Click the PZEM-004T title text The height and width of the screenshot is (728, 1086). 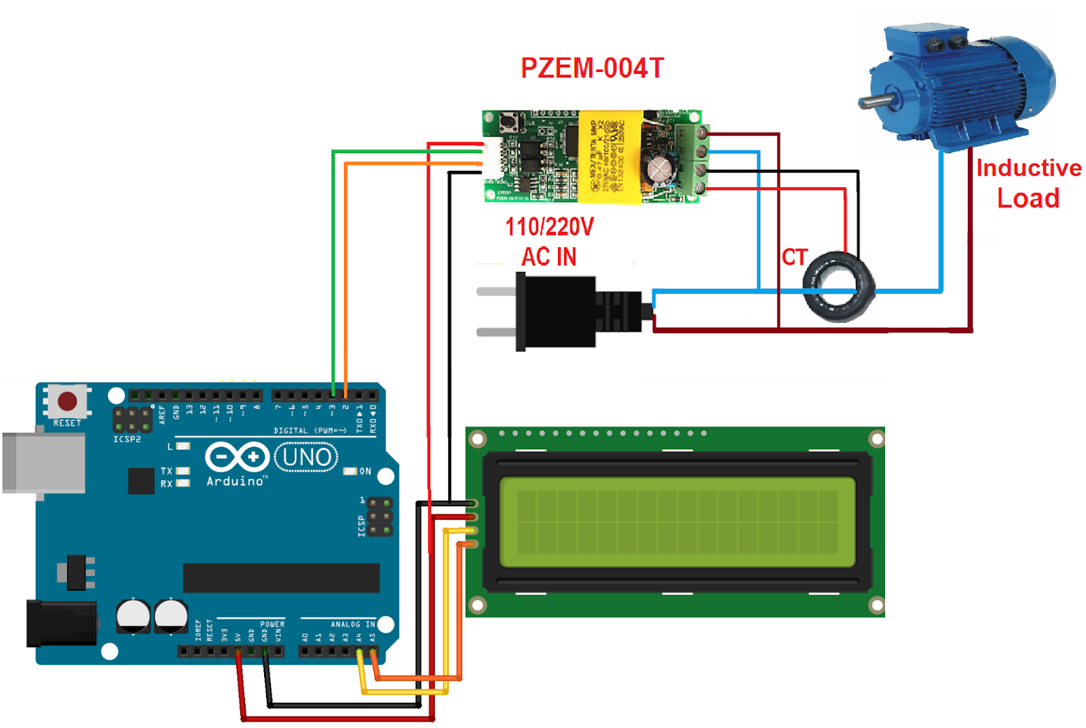[x=592, y=68]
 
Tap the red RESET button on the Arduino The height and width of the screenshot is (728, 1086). [x=67, y=401]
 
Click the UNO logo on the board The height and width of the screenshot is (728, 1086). [x=306, y=457]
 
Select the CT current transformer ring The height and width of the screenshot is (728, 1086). [x=838, y=286]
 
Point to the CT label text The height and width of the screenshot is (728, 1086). [x=794, y=257]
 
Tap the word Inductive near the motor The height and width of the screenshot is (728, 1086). [x=1028, y=168]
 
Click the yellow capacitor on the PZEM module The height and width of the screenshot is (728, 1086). [x=609, y=157]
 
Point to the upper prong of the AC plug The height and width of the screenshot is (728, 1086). [x=496, y=292]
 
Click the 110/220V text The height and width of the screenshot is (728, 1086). [x=549, y=227]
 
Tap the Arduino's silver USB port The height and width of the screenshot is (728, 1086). [x=43, y=463]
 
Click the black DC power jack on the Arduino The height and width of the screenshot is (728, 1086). [x=61, y=623]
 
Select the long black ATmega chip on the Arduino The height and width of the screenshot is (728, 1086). [x=281, y=577]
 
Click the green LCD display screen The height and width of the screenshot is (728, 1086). [x=677, y=522]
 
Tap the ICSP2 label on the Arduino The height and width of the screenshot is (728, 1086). [x=127, y=440]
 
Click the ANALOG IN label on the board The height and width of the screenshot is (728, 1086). [x=352, y=624]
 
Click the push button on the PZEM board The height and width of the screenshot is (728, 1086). [x=509, y=123]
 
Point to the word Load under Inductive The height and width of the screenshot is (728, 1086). [x=1028, y=198]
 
